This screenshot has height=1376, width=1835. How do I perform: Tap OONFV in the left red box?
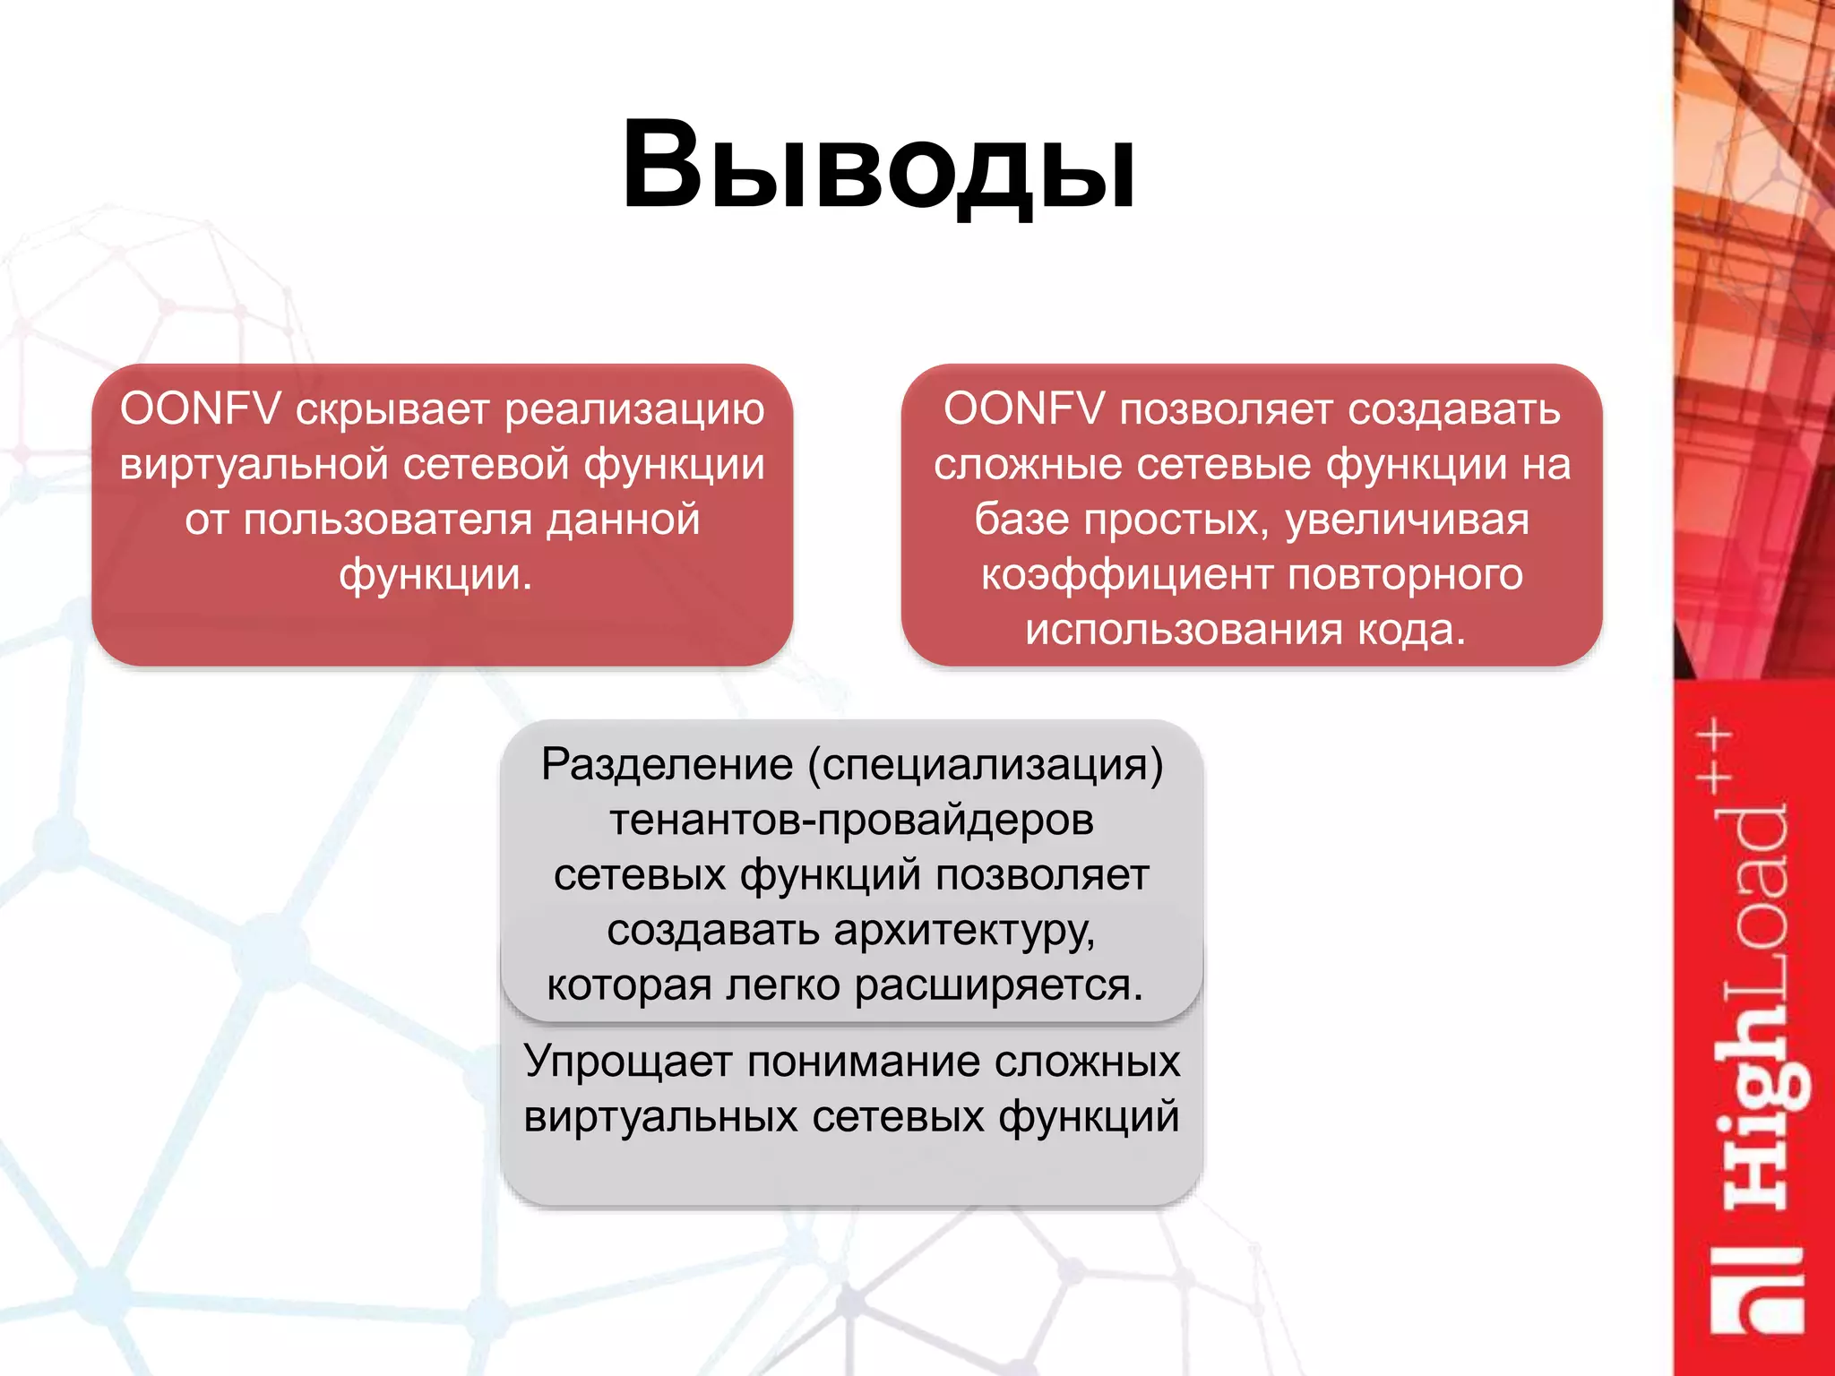pos(200,409)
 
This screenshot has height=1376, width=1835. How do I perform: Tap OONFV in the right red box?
pos(1023,409)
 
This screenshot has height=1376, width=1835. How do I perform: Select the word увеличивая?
pos(1407,520)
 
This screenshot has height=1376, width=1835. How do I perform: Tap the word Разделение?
pos(667,766)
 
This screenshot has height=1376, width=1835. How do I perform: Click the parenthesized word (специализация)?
pos(986,766)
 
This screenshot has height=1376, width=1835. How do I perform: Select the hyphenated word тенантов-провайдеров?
pos(851,821)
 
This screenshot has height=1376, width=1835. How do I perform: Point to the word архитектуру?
pos(964,932)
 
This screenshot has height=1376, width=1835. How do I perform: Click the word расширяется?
pos(998,986)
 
